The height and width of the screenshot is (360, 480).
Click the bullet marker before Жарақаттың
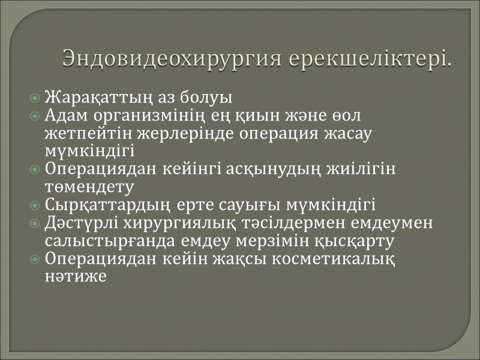pyautogui.click(x=36, y=98)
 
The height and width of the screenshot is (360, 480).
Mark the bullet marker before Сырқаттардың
pyautogui.click(x=36, y=206)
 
